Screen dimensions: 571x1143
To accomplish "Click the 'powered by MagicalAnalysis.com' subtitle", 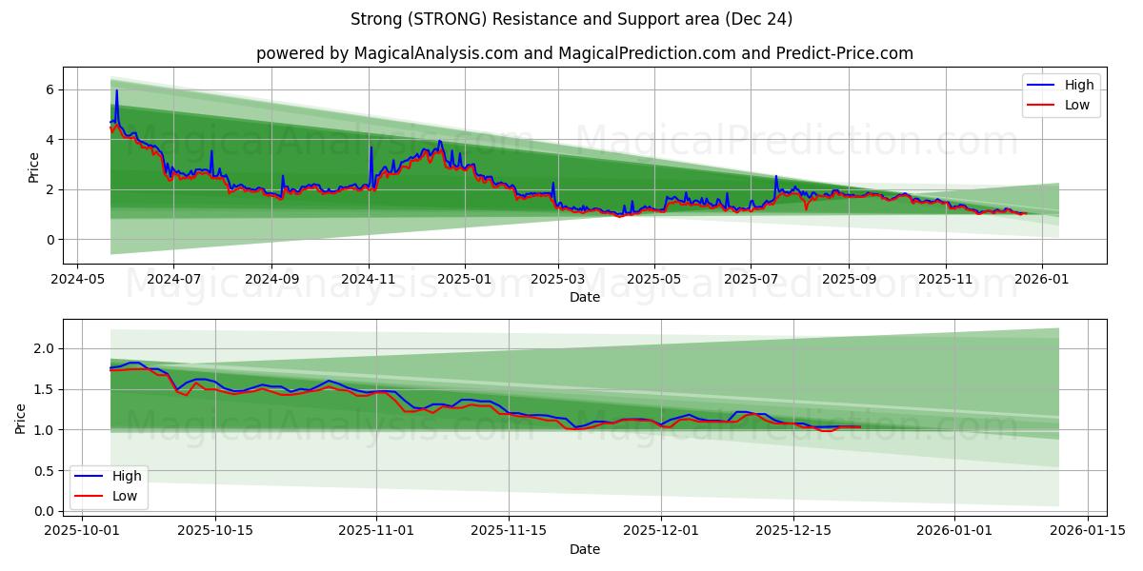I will click(x=584, y=53).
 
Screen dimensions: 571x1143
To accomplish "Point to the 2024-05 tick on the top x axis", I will click(x=77, y=281).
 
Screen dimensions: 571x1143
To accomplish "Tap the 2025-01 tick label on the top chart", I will click(x=465, y=281).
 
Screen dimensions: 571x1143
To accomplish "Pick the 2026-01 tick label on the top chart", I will click(x=1042, y=281).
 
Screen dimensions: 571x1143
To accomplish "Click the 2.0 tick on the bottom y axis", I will click(x=43, y=348).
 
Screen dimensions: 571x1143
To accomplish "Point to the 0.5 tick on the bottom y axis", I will click(x=43, y=470).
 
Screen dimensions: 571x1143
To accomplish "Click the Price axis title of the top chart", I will click(x=34, y=167).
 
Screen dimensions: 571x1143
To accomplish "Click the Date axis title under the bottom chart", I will click(x=584, y=549).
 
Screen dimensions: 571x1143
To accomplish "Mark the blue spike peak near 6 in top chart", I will click(x=117, y=90).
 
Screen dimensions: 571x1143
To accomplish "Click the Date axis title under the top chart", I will click(x=584, y=297).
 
